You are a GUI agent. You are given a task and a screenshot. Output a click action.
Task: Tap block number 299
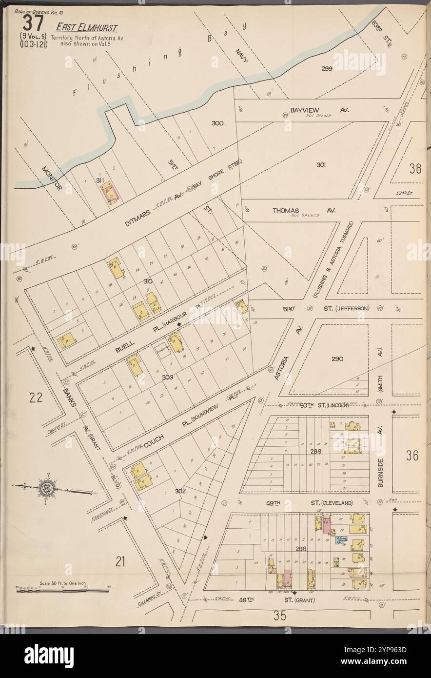[327, 69]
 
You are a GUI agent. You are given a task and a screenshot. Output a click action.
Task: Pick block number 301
[320, 165]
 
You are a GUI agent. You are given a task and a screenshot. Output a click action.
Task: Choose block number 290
[337, 359]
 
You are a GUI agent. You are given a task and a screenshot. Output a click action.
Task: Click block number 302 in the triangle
[180, 491]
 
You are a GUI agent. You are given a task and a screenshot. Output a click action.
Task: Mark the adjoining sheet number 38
[415, 169]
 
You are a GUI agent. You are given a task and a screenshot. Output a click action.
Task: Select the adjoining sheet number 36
[412, 455]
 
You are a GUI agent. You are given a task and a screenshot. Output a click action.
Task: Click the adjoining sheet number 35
[279, 616]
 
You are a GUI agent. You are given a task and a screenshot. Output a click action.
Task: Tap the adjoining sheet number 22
[36, 398]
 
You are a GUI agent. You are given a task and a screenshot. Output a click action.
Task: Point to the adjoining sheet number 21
[120, 562]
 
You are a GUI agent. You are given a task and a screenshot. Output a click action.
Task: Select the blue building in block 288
[342, 540]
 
